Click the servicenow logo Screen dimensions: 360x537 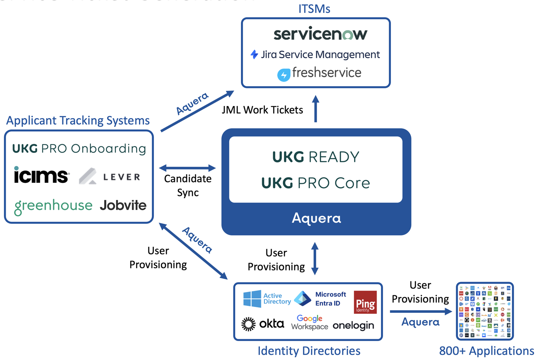[320, 34]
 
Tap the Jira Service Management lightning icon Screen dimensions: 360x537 [254, 54]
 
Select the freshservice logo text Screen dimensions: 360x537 [326, 73]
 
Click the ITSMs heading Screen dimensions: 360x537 [314, 9]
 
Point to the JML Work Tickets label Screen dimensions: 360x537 [262, 110]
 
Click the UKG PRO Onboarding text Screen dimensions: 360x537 [79, 149]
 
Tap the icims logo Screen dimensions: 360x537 [41, 175]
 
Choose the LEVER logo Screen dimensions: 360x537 [110, 176]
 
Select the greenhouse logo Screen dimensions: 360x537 [53, 206]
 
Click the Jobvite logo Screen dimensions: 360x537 [123, 205]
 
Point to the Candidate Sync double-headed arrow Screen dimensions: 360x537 [187, 168]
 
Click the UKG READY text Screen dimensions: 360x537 [315, 157]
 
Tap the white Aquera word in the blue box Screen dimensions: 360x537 [316, 218]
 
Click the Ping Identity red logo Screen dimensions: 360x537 [365, 302]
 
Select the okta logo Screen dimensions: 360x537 [263, 324]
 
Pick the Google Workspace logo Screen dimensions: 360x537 [310, 322]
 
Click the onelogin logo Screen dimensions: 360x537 [353, 325]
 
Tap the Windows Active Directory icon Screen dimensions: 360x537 [252, 299]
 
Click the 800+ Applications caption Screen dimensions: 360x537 [487, 351]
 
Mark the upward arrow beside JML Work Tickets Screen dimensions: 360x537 [315, 109]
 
